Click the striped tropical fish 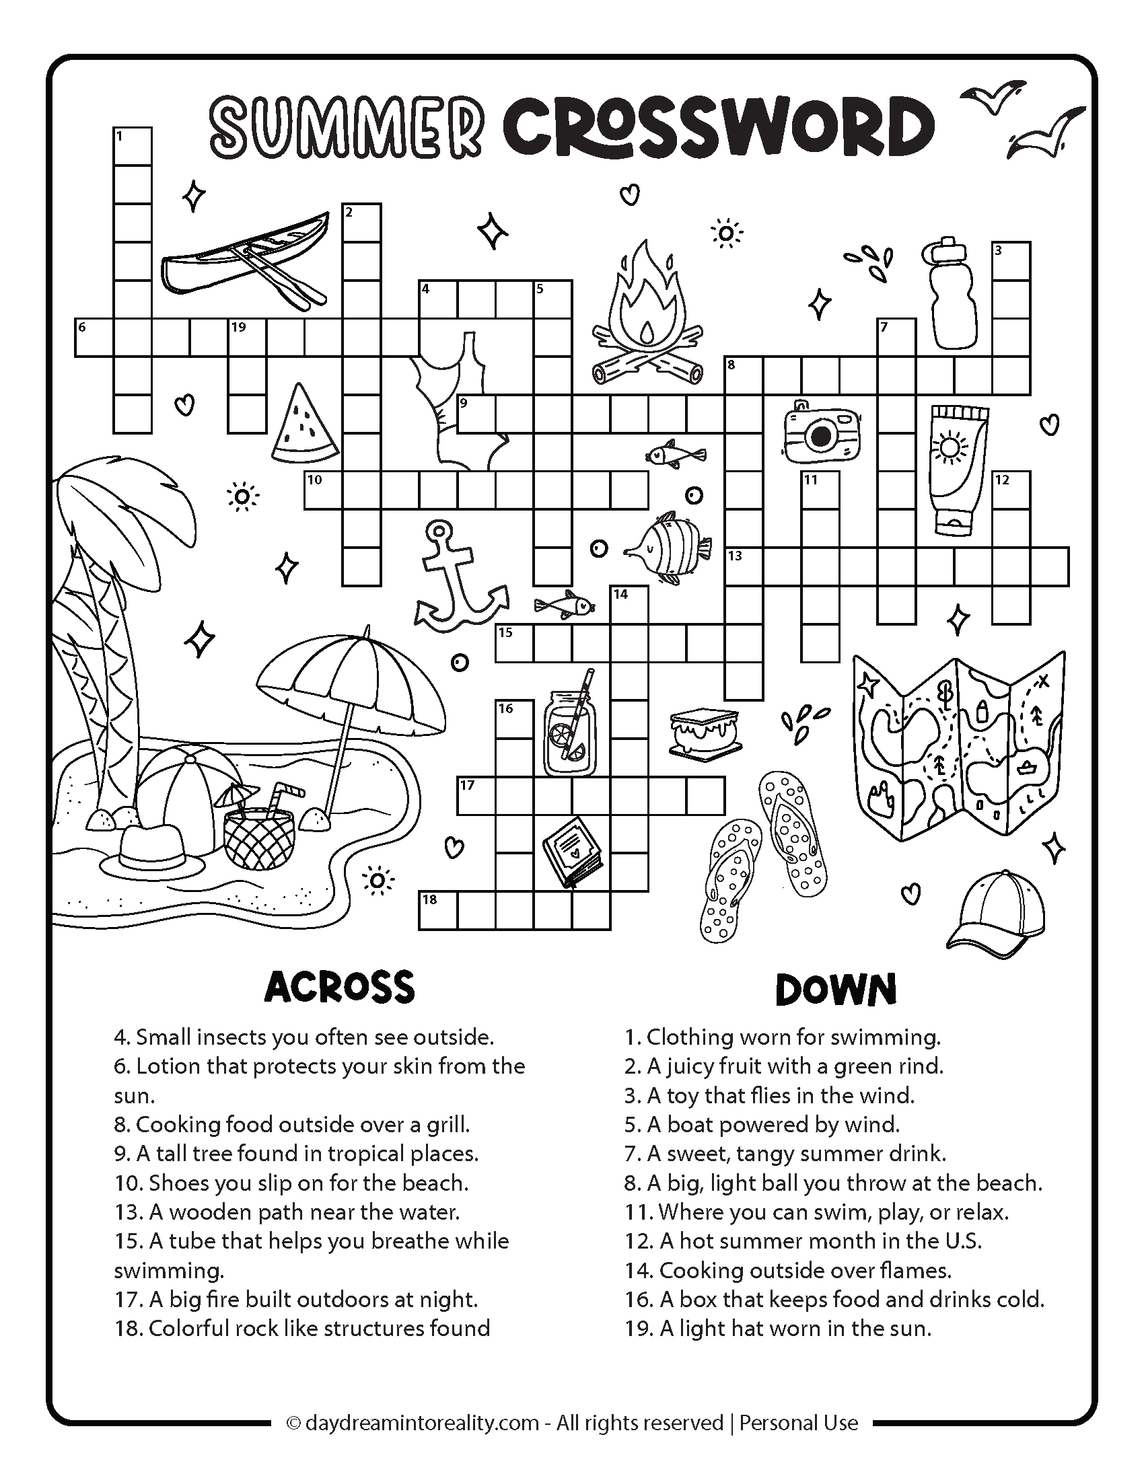668,546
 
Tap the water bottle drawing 952,294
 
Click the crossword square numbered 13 744,566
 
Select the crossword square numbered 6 93,338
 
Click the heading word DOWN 836,990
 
